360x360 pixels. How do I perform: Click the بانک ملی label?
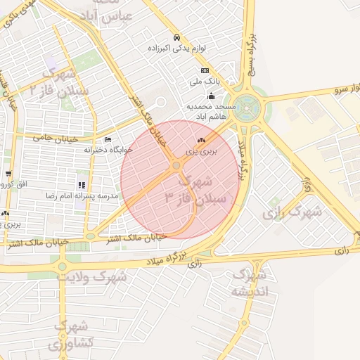[x=209, y=82]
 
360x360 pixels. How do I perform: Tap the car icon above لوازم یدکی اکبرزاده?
[x=176, y=38]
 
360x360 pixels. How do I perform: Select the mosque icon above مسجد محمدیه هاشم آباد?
[x=211, y=96]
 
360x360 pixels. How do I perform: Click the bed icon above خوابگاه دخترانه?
[x=108, y=140]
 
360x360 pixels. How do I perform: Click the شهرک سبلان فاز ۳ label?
[x=195, y=189]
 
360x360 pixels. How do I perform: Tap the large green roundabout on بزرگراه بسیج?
[x=250, y=107]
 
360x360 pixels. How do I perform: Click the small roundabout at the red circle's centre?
[x=176, y=165]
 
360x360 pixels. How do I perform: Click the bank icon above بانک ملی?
[x=205, y=70]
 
